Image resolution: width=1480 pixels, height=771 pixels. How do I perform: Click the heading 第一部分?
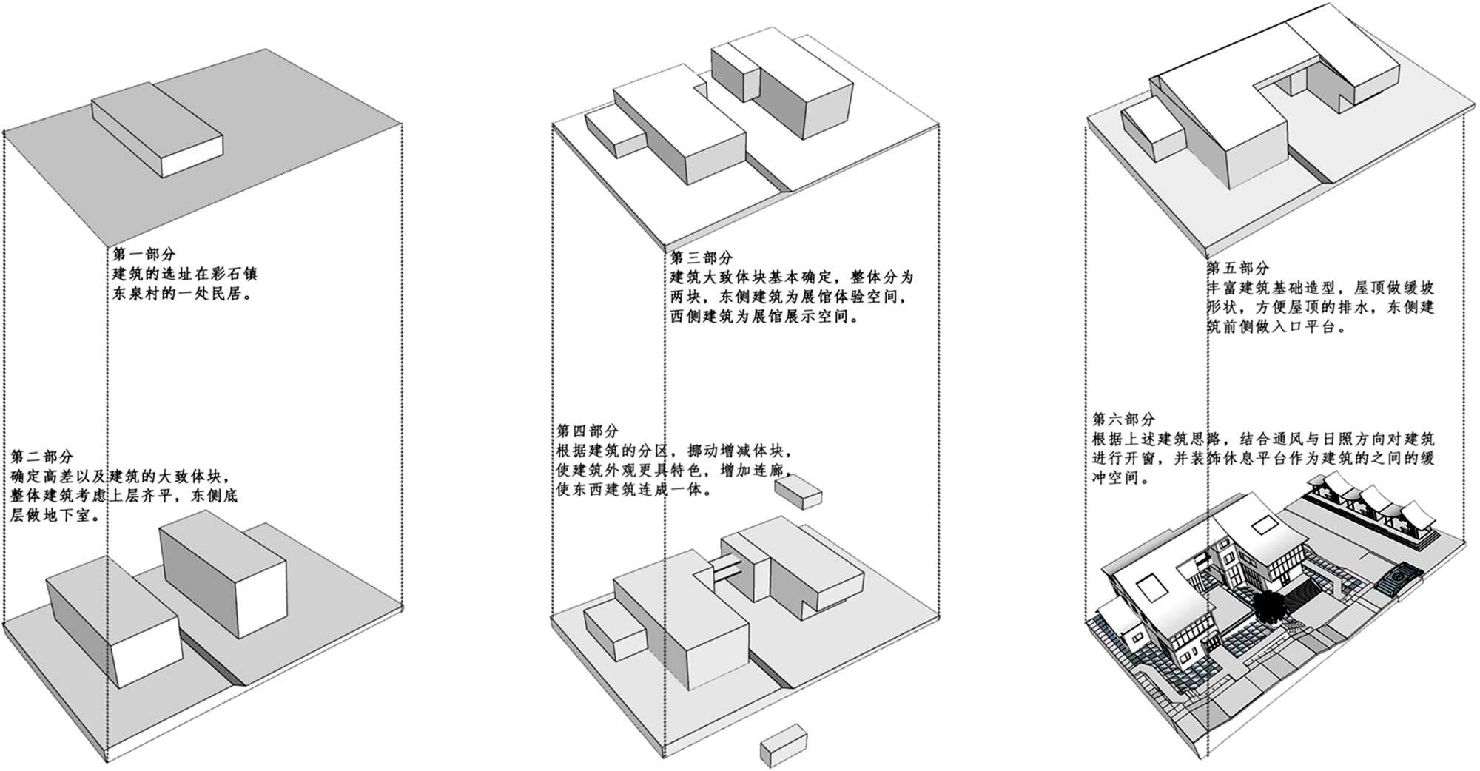pos(144,255)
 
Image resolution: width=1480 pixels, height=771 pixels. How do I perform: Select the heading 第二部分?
pos(42,456)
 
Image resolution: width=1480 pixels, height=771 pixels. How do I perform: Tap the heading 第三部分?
pos(702,258)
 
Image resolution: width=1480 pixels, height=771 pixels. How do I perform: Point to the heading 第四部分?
pos(588,431)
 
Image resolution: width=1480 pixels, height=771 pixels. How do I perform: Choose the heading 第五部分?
pos(1238,268)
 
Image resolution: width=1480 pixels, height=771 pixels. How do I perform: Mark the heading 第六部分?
pos(1123,419)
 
